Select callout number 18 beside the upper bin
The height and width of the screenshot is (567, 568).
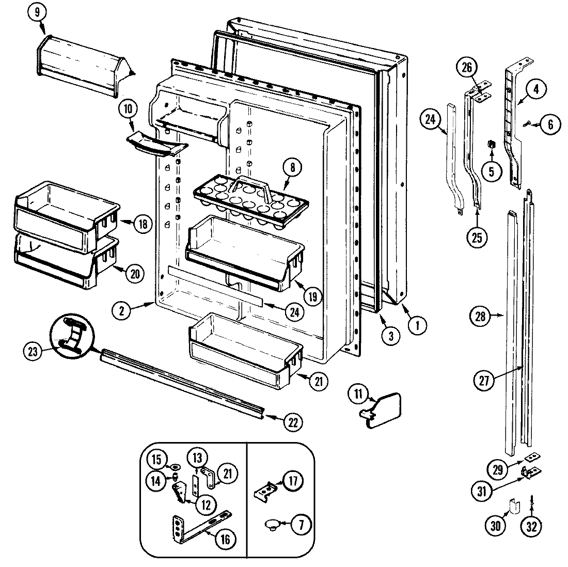click(x=143, y=224)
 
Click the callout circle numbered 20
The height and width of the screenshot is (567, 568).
click(x=135, y=274)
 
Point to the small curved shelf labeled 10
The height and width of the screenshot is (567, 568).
click(x=155, y=143)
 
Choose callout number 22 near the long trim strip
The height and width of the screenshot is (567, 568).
click(x=293, y=422)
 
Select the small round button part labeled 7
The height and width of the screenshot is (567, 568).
click(x=272, y=525)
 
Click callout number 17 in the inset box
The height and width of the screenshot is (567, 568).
click(x=293, y=482)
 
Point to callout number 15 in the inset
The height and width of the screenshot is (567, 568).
click(x=157, y=459)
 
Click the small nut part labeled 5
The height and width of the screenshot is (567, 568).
click(x=491, y=143)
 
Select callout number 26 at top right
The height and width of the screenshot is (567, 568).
click(x=466, y=67)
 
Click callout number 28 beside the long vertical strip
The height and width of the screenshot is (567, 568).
click(x=481, y=316)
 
